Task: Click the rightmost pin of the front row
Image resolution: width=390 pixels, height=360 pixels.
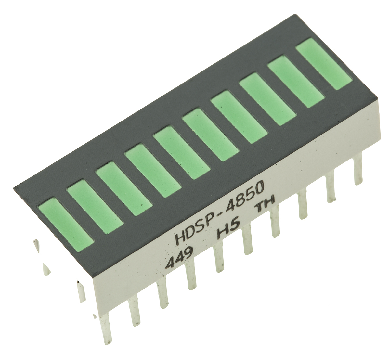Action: click(358, 169)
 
